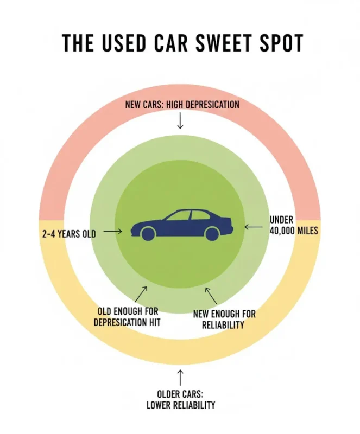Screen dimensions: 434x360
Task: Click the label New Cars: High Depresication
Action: point(182,104)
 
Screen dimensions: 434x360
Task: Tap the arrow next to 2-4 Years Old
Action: point(112,232)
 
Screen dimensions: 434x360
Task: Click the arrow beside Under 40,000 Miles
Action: point(253,226)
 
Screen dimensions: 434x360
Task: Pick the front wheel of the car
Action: point(147,234)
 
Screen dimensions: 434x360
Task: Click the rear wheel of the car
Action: point(212,234)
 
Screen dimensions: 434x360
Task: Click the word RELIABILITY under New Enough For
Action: point(223,325)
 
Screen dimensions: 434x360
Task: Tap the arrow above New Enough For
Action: point(211,295)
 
